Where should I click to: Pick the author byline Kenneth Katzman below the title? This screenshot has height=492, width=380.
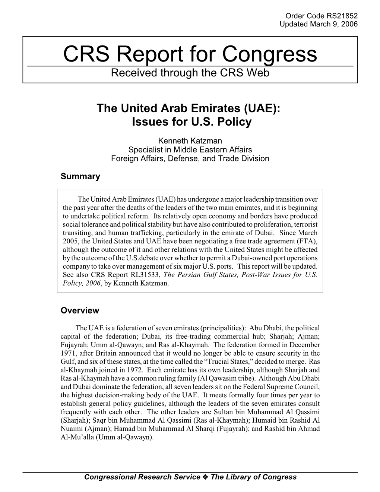tap(190, 141)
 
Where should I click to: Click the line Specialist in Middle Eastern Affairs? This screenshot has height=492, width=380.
tap(190, 149)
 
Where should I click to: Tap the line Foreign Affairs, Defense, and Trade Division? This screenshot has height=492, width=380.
tap(190, 158)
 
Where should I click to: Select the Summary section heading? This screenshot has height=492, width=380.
tap(80, 177)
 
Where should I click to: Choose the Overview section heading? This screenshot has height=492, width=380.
tap(80, 310)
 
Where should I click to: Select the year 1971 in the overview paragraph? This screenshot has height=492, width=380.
tap(68, 353)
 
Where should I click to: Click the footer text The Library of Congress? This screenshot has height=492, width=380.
tap(254, 477)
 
